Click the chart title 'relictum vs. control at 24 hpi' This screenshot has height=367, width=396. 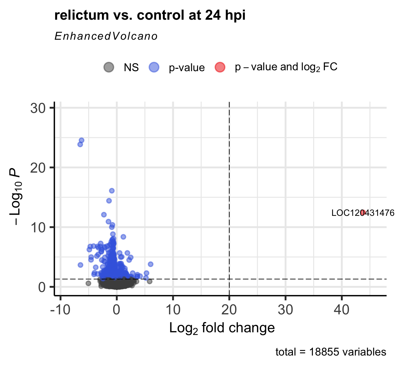(x=150, y=15)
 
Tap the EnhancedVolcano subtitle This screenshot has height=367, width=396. (x=106, y=36)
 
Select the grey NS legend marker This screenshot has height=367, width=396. (x=109, y=67)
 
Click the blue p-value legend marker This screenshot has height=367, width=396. (x=154, y=67)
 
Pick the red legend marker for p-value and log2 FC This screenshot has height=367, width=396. (x=220, y=67)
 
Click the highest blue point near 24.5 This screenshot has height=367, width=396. (x=82, y=140)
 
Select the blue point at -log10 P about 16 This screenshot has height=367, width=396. (x=112, y=191)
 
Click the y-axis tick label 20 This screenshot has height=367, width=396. (x=38, y=168)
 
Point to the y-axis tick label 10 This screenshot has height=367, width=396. (x=38, y=227)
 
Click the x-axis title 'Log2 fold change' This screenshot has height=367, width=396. (x=222, y=328)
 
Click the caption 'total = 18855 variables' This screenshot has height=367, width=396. (x=331, y=352)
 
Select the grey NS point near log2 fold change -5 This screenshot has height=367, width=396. (x=88, y=283)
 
